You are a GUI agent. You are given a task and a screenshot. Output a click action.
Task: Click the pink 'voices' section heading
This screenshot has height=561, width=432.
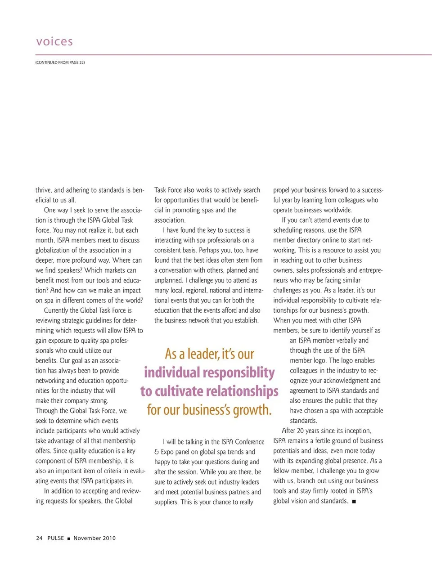pos(54,42)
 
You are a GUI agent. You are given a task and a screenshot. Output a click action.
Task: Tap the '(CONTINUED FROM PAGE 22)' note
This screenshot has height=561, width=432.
pos(60,63)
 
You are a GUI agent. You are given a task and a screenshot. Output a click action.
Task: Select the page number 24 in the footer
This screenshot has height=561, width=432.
pos(39,538)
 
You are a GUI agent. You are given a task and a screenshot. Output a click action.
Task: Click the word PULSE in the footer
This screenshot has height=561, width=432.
pos(56,538)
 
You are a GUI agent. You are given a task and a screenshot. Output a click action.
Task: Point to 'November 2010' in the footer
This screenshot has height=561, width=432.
pos(94,538)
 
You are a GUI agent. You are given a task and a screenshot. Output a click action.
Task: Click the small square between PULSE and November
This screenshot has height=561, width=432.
pos(69,539)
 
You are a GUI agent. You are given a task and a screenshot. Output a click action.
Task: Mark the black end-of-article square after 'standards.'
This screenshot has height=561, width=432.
pos(354,502)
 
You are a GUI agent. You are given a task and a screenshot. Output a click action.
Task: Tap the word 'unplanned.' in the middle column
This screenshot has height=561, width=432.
pos(169,280)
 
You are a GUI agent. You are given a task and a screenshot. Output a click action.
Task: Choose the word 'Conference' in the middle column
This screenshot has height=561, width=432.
pos(249,442)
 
